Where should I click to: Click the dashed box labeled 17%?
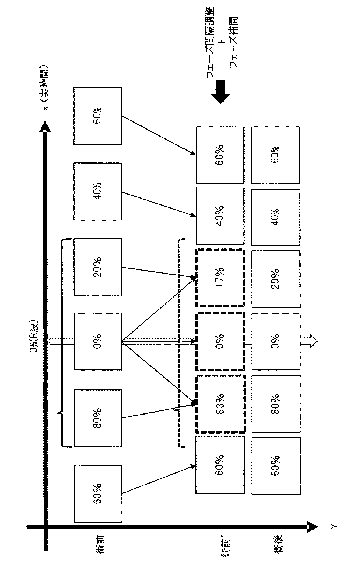pos(220,278)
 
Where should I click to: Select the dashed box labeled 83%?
pos(220,404)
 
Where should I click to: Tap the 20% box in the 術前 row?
pos(98,267)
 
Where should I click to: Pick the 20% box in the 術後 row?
pos(276,279)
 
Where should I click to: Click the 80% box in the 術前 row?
pos(98,418)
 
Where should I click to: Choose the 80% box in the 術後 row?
pos(276,404)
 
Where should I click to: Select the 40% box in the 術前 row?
pos(98,191)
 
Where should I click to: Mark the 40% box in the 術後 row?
pos(276,217)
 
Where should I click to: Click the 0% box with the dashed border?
pos(220,342)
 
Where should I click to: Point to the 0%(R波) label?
pos(34,336)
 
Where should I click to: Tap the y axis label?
pos(334,526)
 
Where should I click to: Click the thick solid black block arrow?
pos(220,92)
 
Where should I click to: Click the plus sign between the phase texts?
pos(222,43)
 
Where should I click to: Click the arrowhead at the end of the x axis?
pos(45,127)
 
